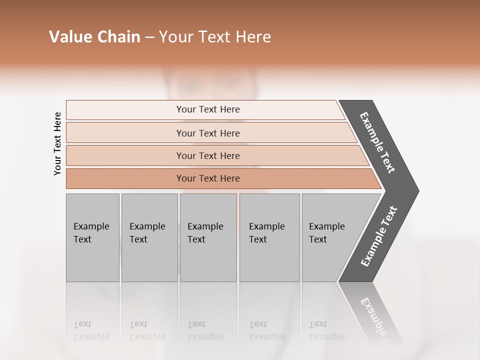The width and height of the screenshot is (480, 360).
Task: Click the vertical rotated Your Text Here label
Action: [x=57, y=143]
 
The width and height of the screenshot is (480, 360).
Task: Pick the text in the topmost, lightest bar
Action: [x=208, y=109]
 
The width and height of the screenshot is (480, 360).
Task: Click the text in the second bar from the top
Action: [x=208, y=133]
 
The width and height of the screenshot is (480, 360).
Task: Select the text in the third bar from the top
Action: [x=208, y=156]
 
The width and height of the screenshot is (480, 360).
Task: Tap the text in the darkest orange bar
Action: [x=208, y=178]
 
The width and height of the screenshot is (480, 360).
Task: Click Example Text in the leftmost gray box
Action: [x=91, y=233]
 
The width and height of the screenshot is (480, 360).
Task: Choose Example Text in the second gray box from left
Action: [x=147, y=233]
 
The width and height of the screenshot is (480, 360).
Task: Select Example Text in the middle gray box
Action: [x=205, y=233]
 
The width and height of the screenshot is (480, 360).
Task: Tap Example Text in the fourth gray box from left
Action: [x=266, y=233]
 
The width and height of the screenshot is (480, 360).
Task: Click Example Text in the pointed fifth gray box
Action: [x=326, y=233]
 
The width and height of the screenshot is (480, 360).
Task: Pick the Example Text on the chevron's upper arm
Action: [x=377, y=142]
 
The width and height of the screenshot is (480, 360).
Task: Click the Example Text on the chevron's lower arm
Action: [x=379, y=236]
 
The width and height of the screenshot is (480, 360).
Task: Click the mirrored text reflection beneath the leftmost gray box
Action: [x=91, y=330]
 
